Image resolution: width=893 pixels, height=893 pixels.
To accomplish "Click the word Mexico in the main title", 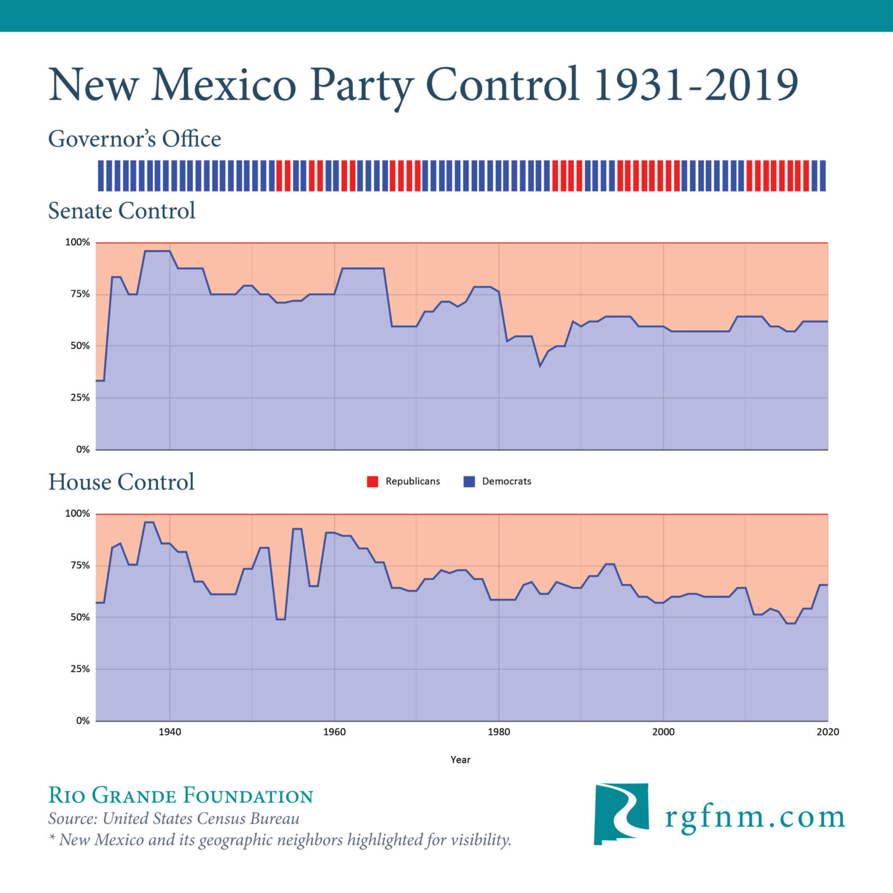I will coord(223,85).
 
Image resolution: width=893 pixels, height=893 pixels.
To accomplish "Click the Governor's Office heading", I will coord(134,139).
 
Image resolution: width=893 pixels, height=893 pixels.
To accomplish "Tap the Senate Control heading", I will coord(122,210).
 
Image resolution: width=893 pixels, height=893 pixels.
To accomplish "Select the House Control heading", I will coord(121,482).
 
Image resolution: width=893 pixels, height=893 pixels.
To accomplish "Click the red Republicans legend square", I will coord(373,481).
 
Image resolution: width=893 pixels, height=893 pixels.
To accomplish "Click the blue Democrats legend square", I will coord(469,481).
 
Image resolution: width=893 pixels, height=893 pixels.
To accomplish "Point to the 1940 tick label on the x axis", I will coord(170,732).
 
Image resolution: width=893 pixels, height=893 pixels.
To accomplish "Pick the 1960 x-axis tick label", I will coord(334,732).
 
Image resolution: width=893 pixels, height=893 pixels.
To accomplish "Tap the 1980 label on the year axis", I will coord(499,732).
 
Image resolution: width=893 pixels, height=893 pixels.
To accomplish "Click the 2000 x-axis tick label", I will coord(663,732).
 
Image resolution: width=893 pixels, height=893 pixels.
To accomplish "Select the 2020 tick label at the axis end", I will coord(827,732).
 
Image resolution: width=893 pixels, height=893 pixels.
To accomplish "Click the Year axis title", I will coord(460,760).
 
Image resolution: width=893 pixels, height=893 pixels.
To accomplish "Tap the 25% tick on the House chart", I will coord(80,669).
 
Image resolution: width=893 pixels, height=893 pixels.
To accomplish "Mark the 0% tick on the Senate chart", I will coord(83,449).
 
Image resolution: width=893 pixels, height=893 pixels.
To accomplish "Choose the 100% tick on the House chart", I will coord(77,514).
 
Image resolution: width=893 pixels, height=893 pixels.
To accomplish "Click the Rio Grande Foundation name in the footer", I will coord(181,795).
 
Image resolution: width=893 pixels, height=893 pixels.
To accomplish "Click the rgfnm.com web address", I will coord(755,817).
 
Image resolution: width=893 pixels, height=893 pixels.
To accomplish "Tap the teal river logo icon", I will coord(621,813).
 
